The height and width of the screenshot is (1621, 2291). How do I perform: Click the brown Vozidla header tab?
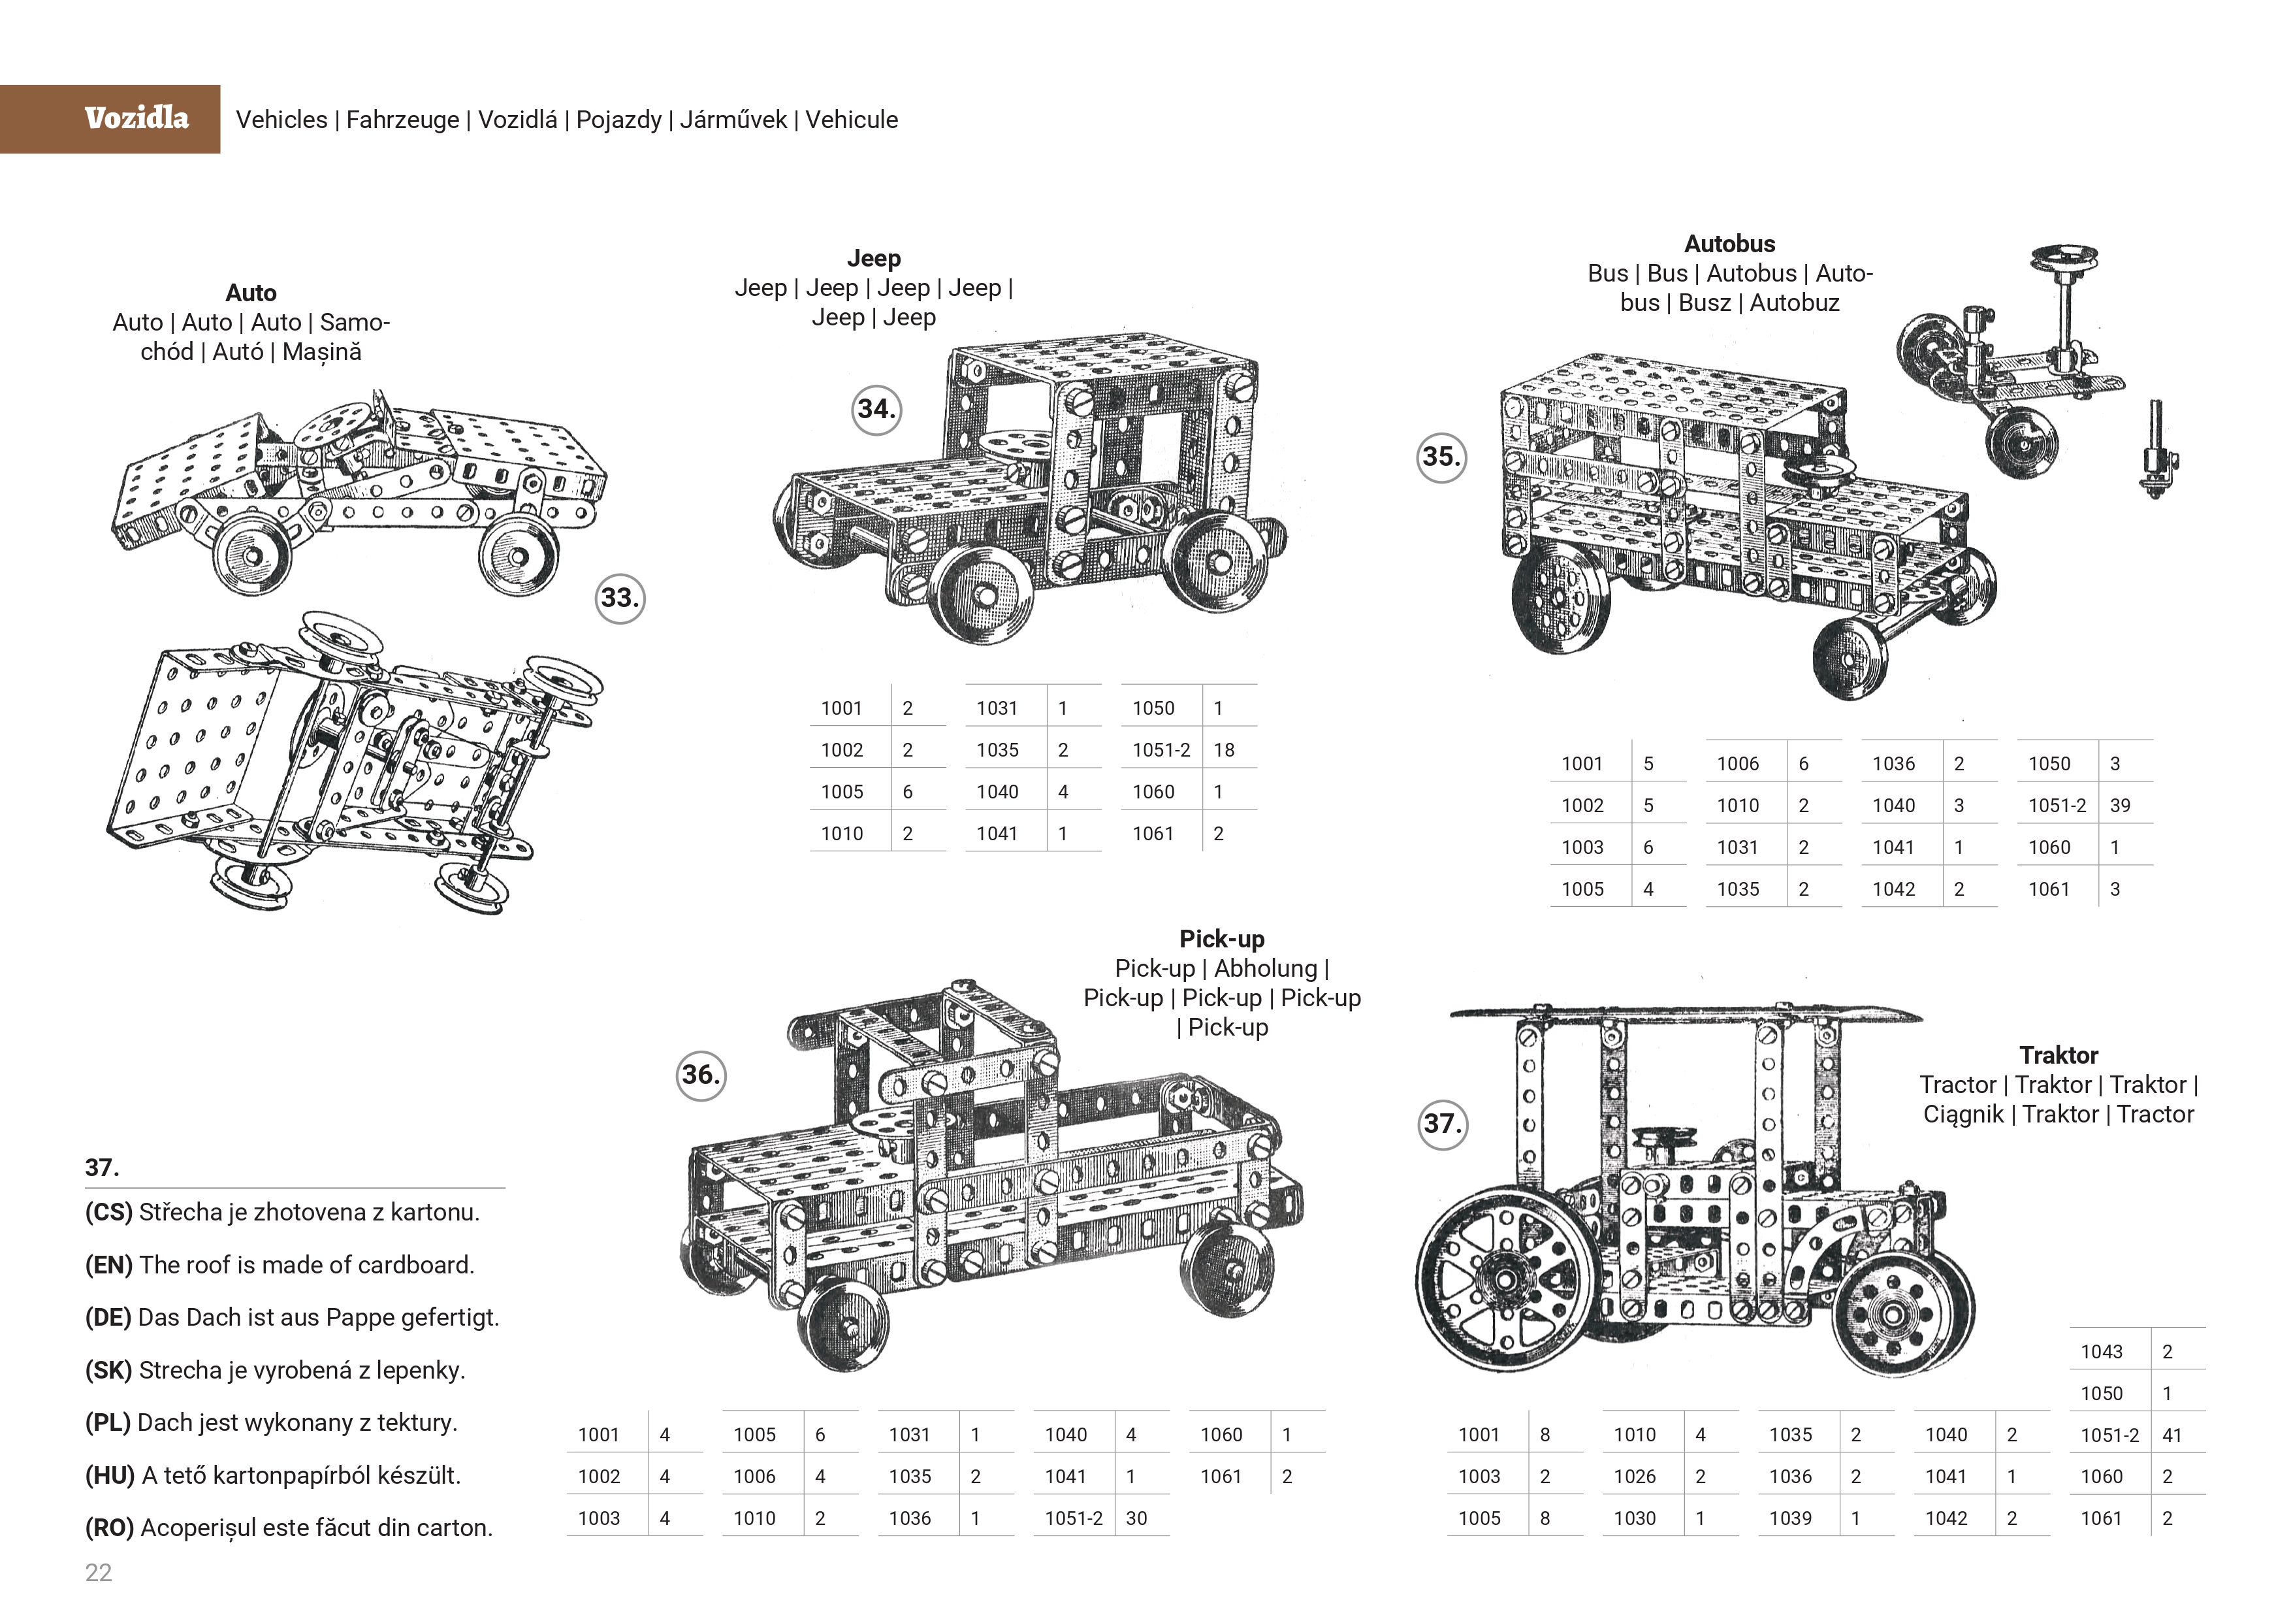[110, 119]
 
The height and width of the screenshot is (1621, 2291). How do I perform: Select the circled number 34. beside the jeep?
[876, 409]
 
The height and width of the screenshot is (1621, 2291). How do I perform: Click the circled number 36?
[701, 1075]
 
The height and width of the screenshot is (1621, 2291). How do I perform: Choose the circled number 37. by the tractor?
[1442, 1124]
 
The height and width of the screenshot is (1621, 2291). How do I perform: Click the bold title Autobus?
[1729, 244]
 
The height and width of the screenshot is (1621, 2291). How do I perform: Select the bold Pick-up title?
[1221, 940]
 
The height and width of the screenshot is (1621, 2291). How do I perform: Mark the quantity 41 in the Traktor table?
[2171, 1436]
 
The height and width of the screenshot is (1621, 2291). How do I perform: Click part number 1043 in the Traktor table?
[2102, 1352]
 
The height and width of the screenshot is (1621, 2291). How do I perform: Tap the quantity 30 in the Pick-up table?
[1136, 1519]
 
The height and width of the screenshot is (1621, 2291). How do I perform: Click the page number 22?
[99, 1573]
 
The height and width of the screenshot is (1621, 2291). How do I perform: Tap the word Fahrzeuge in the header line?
[402, 120]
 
